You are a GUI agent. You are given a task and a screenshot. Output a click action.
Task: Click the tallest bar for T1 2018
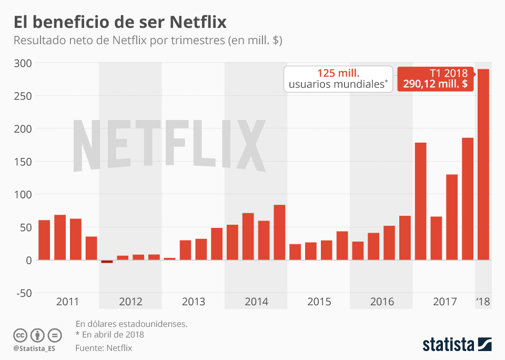tap(483, 164)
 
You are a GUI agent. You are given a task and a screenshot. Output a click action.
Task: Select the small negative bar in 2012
tap(107, 261)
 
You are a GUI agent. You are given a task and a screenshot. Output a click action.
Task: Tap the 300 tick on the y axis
tap(22, 63)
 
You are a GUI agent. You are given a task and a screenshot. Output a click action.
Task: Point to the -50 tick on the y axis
tap(22, 293)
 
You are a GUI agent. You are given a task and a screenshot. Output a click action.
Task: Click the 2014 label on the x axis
tap(256, 302)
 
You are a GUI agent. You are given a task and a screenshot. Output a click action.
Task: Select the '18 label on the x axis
tap(483, 302)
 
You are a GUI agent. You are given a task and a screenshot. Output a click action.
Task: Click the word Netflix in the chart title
tap(198, 22)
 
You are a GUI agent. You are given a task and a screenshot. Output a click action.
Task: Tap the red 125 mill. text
tap(338, 73)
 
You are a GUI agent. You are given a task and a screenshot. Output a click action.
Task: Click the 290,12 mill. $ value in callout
tap(436, 84)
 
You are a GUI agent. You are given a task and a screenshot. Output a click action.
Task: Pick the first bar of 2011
tap(44, 239)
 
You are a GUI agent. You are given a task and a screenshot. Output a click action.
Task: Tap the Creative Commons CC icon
tap(20, 335)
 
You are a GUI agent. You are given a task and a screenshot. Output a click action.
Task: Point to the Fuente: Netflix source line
tap(104, 348)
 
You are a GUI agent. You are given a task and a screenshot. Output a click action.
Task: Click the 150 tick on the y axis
tap(22, 162)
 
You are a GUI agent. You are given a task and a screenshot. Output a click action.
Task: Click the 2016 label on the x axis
tap(382, 302)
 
